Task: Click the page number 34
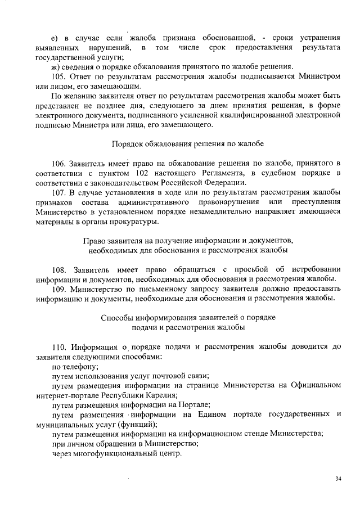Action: [x=338, y=479]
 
